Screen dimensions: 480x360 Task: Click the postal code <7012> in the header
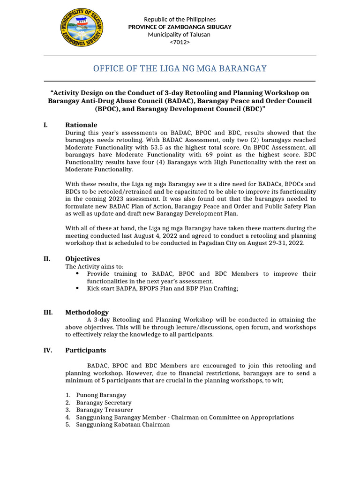(180, 42)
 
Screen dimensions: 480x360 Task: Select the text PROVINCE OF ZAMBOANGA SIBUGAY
(180, 27)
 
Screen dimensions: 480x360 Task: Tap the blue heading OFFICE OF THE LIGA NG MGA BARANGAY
(180, 68)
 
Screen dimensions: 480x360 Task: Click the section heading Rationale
(81, 125)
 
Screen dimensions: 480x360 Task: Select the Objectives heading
(82, 259)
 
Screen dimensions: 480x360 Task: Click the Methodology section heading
(87, 312)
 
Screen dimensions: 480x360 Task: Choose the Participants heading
(85, 350)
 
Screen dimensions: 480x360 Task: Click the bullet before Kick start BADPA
(77, 289)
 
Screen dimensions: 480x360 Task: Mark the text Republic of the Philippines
(180, 19)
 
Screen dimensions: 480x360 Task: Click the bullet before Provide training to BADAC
(77, 274)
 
